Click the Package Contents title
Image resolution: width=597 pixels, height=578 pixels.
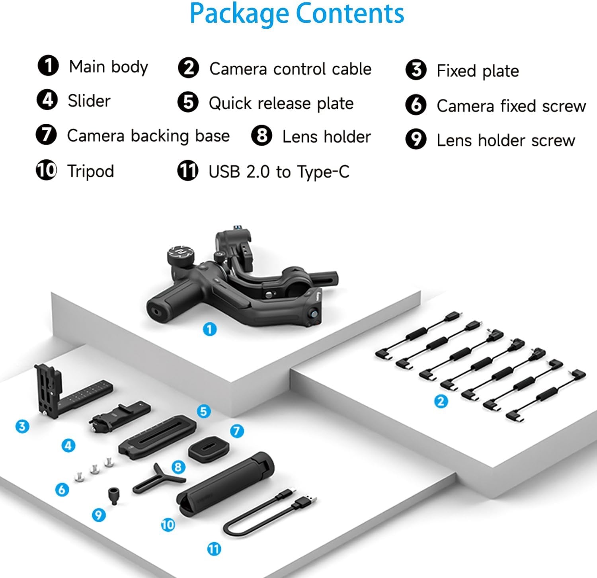(x=297, y=14)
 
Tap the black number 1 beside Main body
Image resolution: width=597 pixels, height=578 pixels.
(x=48, y=66)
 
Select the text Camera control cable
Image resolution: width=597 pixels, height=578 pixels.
(x=290, y=69)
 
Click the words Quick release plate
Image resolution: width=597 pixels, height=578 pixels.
(x=281, y=103)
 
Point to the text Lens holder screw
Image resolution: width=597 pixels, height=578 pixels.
(x=505, y=140)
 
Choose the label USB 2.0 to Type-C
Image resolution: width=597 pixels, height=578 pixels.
(x=279, y=172)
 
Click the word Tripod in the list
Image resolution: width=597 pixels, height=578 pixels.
(x=91, y=171)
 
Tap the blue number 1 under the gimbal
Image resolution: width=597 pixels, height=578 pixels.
(x=210, y=329)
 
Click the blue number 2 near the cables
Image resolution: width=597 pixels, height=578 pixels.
(x=441, y=401)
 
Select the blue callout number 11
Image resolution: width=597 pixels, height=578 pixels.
(x=214, y=549)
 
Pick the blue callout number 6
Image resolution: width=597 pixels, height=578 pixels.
(x=62, y=489)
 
